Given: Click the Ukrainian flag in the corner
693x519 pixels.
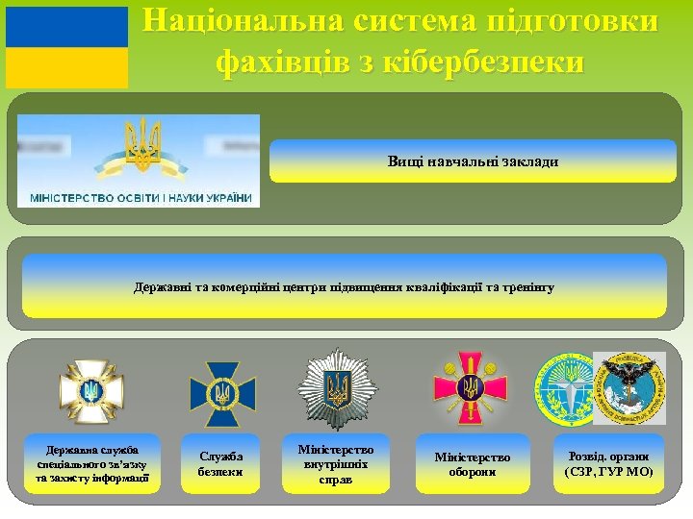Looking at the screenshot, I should pyautogui.click(x=66, y=47).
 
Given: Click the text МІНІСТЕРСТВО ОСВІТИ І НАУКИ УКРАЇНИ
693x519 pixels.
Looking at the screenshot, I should pyautogui.click(x=141, y=198).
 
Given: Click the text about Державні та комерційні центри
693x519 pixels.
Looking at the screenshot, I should pyautogui.click(x=344, y=287).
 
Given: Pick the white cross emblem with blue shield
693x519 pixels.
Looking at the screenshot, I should pyautogui.click(x=91, y=391).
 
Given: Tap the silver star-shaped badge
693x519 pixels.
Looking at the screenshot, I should pyautogui.click(x=338, y=388).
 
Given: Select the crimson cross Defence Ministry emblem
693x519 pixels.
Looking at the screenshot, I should pyautogui.click(x=470, y=388).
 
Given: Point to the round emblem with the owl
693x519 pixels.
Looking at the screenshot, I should pyautogui.click(x=629, y=387).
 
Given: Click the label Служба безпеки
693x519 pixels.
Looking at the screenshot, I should pyautogui.click(x=221, y=464).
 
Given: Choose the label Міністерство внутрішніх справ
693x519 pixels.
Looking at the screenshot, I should pyautogui.click(x=337, y=464).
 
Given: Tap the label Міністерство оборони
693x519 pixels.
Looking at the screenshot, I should pyautogui.click(x=473, y=464).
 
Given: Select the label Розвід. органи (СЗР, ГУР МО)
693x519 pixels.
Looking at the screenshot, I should pyautogui.click(x=608, y=464).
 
